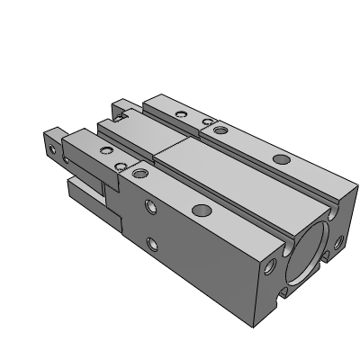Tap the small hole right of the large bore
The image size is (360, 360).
(x=338, y=241)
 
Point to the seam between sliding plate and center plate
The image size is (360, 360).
(x=171, y=148)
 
